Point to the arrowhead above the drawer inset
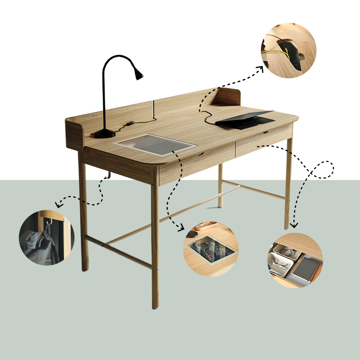[293, 225]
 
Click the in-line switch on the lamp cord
[130, 122]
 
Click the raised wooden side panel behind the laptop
[227, 97]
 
